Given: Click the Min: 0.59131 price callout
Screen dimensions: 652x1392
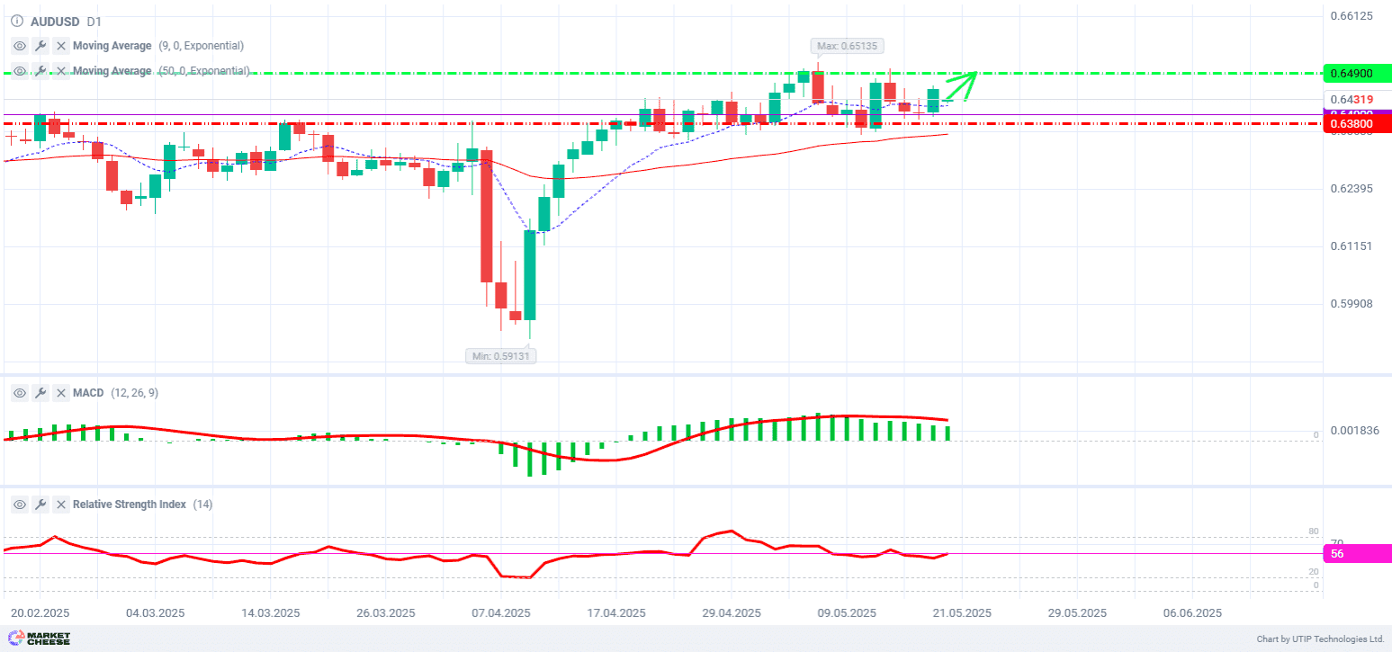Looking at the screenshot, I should click(500, 356).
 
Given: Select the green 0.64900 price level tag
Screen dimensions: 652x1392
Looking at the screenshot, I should click(1357, 73).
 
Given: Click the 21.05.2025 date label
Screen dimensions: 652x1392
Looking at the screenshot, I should click(962, 613).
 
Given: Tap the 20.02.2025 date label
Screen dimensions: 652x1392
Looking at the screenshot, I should click(40, 613).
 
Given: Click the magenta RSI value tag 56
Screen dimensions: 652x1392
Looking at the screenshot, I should click(1357, 554).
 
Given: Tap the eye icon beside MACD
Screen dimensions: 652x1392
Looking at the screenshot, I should click(20, 393).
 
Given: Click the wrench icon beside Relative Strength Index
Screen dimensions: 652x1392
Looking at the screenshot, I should click(40, 505).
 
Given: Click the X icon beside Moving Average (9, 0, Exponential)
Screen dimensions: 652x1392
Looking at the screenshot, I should click(61, 46).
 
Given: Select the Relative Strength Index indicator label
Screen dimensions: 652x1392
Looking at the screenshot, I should click(129, 505).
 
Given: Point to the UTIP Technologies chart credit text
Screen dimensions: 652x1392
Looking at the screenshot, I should click(1320, 639).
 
